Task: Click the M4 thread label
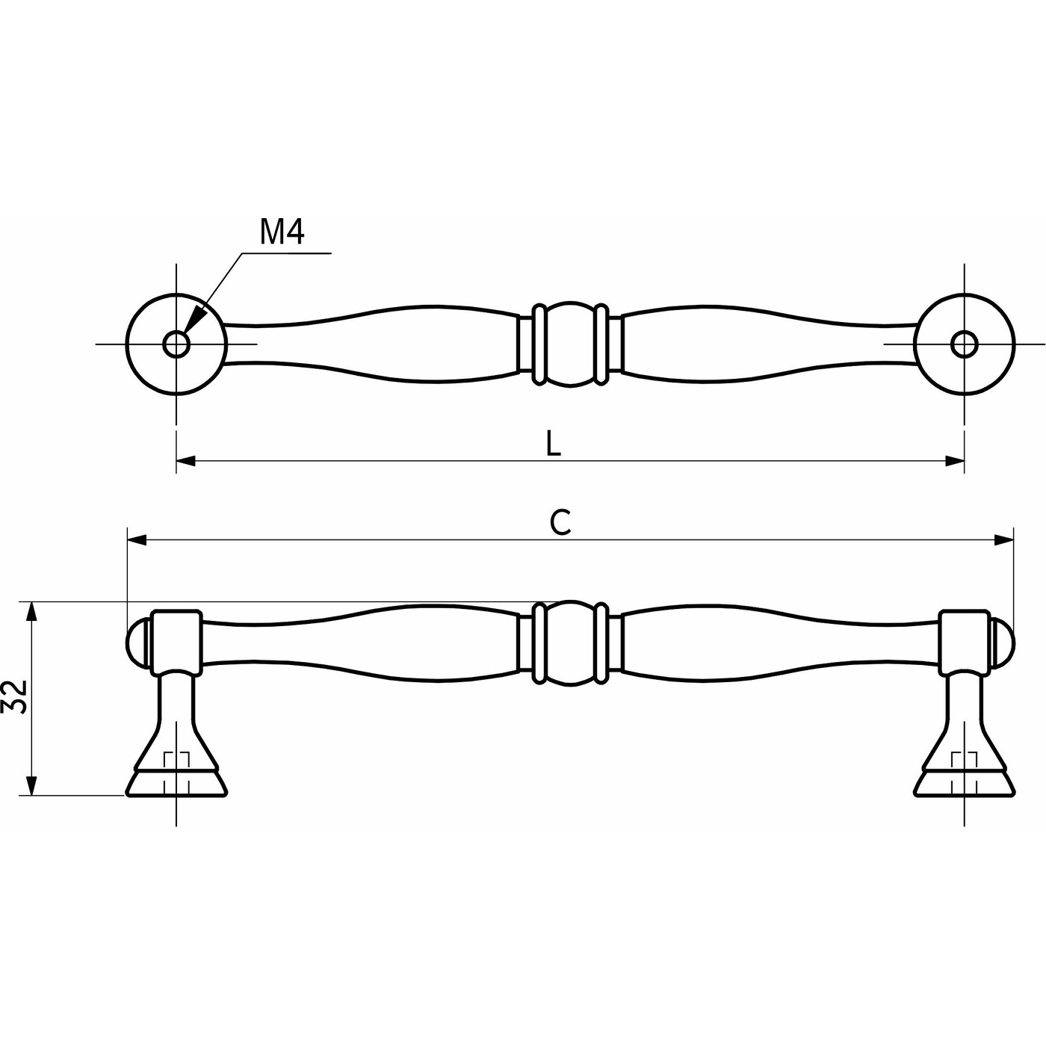[282, 232]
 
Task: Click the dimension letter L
[553, 444]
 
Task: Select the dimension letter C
[560, 522]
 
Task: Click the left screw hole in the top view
[176, 344]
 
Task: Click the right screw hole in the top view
[964, 344]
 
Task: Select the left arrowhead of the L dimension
[185, 461]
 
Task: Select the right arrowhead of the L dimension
[955, 461]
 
